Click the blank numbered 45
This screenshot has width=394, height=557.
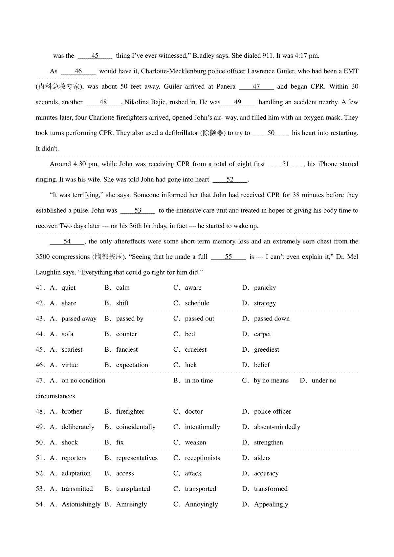pyautogui.click(x=95, y=56)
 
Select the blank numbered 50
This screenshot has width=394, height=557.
pyautogui.click(x=271, y=133)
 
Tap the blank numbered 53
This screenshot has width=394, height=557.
pyautogui.click(x=138, y=211)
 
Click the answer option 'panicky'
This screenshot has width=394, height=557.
pyautogui.click(x=265, y=288)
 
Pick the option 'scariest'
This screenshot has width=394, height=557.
pyautogui.click(x=72, y=350)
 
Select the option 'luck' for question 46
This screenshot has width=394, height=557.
pyautogui.click(x=191, y=365)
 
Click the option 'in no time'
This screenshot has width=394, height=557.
pyautogui.click(x=199, y=381)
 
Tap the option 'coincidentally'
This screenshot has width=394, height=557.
pyautogui.click(x=136, y=427)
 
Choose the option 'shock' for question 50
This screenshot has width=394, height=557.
pyautogui.click(x=70, y=443)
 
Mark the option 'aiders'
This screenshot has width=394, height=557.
pyautogui.click(x=262, y=458)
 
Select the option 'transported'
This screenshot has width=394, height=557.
pyautogui.click(x=200, y=489)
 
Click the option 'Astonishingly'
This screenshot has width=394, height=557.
pyautogui.click(x=81, y=504)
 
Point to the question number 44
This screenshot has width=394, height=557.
pyautogui.click(x=40, y=334)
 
